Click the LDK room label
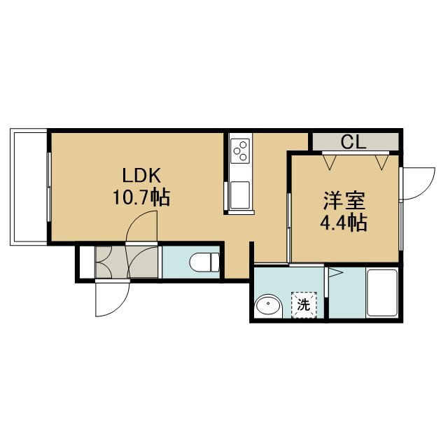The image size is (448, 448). pyautogui.click(x=141, y=176)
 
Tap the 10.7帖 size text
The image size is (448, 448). pyautogui.click(x=141, y=197)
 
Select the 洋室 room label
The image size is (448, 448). pyautogui.click(x=344, y=201)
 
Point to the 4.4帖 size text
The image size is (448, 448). pyautogui.click(x=344, y=223)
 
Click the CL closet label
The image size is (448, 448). pyautogui.click(x=354, y=142)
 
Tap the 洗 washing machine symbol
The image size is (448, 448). pyautogui.click(x=304, y=305)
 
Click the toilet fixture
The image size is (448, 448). pyautogui.click(x=204, y=262)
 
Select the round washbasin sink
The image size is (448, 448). pyautogui.click(x=269, y=305)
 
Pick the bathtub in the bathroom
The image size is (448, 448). pyautogui.click(x=382, y=293)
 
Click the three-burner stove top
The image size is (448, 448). pyautogui.click(x=240, y=151)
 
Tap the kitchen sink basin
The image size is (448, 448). pyautogui.click(x=240, y=195)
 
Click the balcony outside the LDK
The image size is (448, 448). pyautogui.click(x=29, y=187)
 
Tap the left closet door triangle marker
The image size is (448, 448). pyautogui.click(x=330, y=162)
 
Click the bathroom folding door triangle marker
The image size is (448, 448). pyautogui.click(x=335, y=273)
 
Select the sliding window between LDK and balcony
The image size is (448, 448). pyautogui.click(x=49, y=187)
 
